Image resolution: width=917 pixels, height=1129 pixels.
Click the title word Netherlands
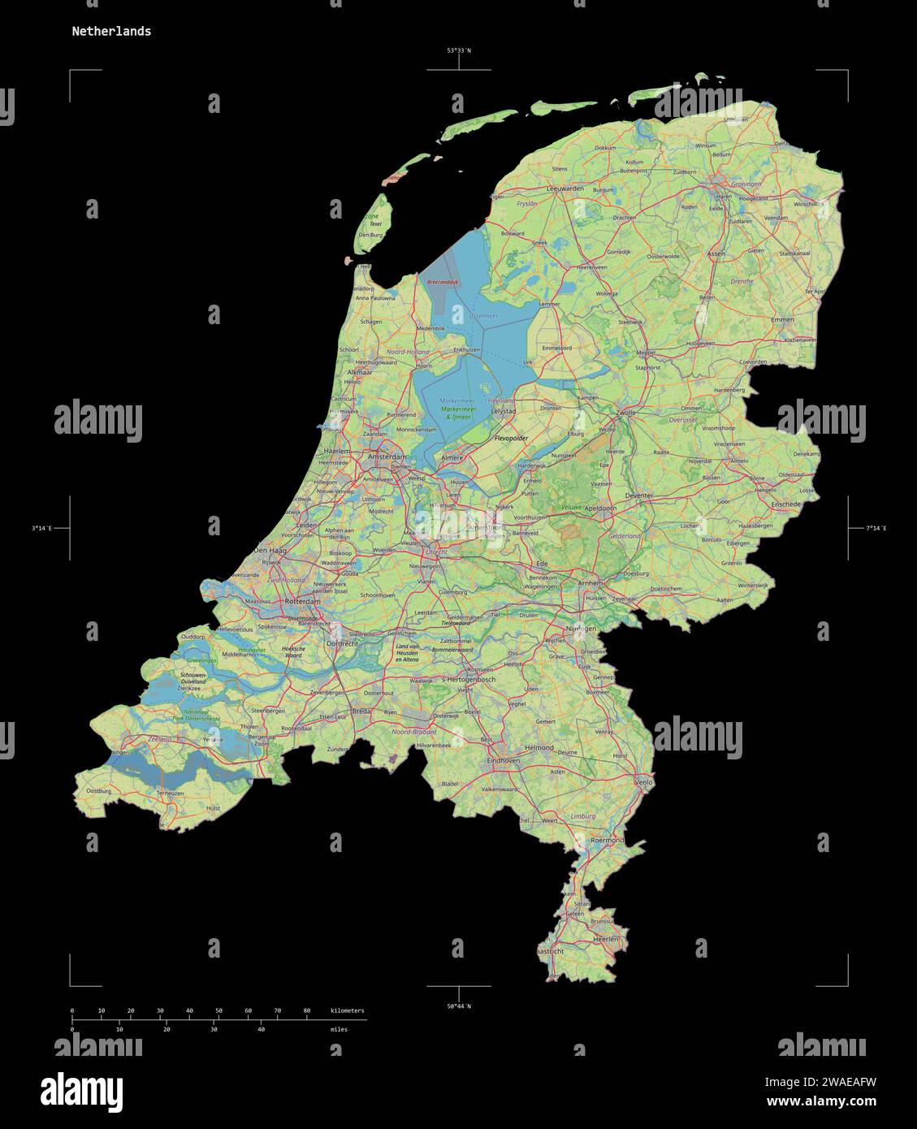click(x=110, y=32)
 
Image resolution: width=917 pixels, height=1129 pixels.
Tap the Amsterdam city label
click(x=386, y=458)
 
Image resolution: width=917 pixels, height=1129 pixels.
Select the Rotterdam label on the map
click(x=302, y=601)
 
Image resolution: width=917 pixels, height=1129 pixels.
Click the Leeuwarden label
click(x=566, y=188)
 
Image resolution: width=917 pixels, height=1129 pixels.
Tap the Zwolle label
click(x=626, y=413)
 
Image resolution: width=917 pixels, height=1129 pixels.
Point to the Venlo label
click(x=643, y=782)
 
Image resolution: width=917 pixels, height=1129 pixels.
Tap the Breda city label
click(x=361, y=711)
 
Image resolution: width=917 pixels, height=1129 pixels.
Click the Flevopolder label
click(x=512, y=439)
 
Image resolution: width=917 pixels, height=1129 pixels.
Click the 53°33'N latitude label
click(x=459, y=50)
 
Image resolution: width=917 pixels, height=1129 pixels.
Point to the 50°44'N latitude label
click(x=459, y=1006)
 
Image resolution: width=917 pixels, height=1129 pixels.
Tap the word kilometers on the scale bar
click(x=348, y=1010)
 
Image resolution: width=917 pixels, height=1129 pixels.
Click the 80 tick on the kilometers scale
click(x=307, y=1010)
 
